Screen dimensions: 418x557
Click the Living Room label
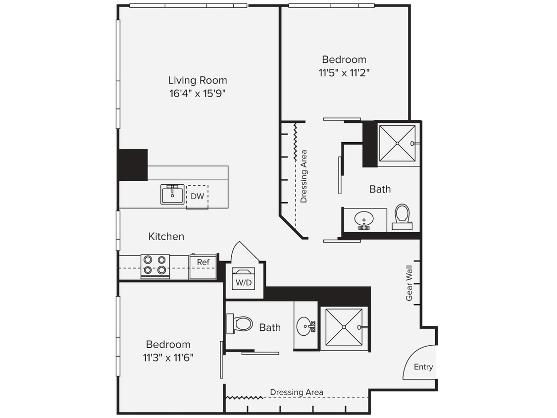point(197,80)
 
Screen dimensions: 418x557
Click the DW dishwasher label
point(197,196)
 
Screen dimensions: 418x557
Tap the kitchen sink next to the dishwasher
point(172,194)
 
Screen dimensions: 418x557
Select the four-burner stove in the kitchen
point(155,265)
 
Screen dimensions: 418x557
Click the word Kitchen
point(166,237)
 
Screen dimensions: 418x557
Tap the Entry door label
point(423,367)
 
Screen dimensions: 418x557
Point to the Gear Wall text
point(409,283)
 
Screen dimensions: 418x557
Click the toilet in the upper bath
point(402,216)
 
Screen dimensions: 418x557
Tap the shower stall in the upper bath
point(397,143)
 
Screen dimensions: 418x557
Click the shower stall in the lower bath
point(344,327)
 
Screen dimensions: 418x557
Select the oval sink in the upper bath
point(364,219)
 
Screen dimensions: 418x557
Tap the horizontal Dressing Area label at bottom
point(296,392)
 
